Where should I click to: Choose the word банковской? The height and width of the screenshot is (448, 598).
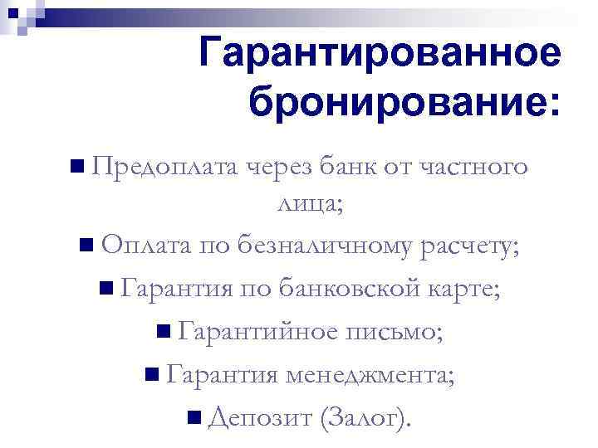point(355,290)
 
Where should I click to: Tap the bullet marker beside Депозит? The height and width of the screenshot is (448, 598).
point(194,417)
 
